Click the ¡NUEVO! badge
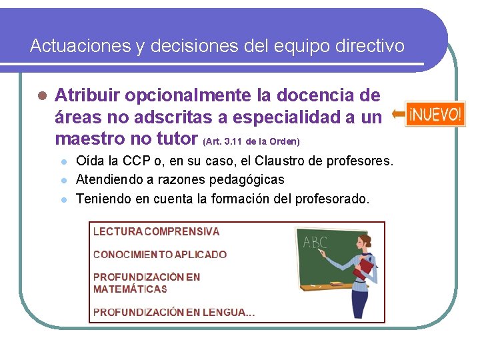(435, 114)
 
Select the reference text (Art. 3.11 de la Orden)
(251, 142)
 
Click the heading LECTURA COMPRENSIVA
(156, 232)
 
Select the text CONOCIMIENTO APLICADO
(159, 254)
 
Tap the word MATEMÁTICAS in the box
(130, 289)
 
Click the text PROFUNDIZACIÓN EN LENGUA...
(173, 311)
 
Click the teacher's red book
(363, 268)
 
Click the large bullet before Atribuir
(41, 96)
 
